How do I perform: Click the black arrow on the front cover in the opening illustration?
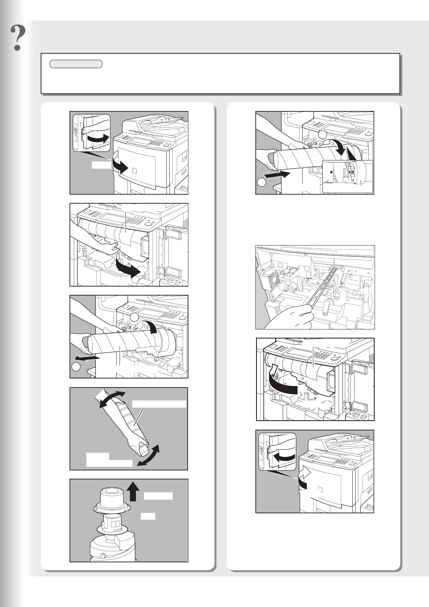pos(120,165)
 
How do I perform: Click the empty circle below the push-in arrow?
pos(262,183)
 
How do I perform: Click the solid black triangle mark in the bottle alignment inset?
pos(330,172)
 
